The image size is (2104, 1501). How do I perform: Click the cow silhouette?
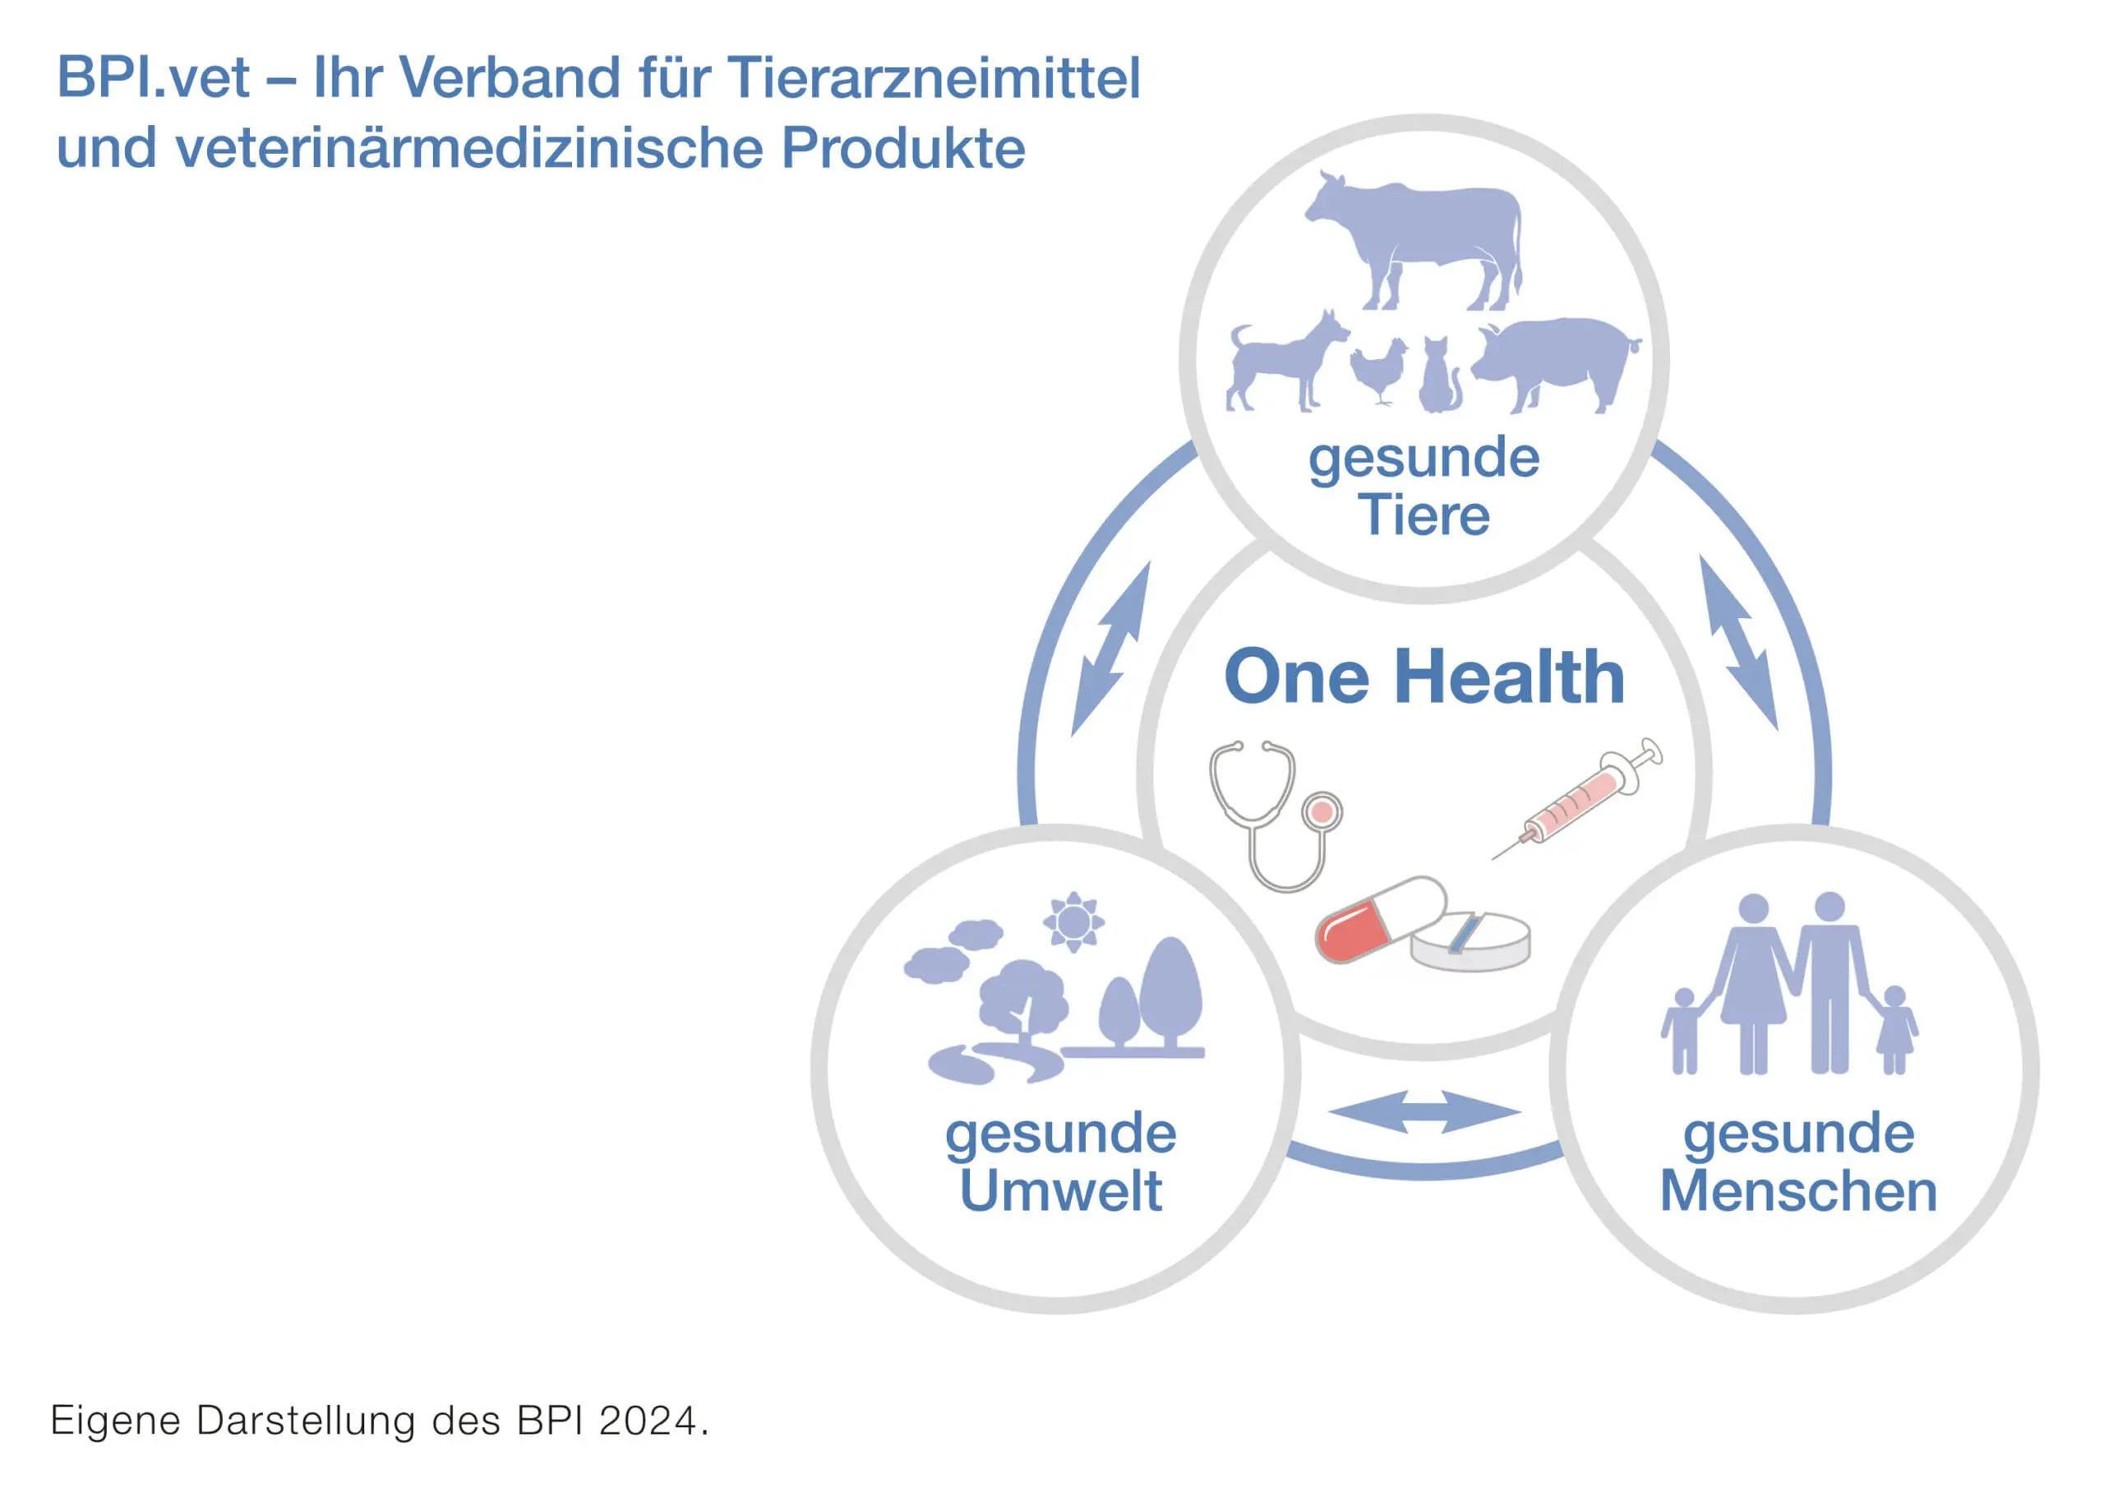[x=1419, y=236]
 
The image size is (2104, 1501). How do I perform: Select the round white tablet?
[x=1470, y=942]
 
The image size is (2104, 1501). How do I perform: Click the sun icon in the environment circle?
[x=1073, y=921]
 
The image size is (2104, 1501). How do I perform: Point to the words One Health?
[x=1424, y=677]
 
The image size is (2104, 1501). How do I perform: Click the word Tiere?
[x=1424, y=515]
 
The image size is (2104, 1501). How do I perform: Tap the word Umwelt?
[x=1061, y=1190]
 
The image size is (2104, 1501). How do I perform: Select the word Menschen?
[x=1798, y=1190]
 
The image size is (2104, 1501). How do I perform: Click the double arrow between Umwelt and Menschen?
[x=1424, y=1112]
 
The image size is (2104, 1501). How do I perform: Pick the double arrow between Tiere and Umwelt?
[x=1110, y=649]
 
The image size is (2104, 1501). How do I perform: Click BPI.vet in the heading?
[x=154, y=76]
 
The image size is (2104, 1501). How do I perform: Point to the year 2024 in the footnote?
[x=647, y=1420]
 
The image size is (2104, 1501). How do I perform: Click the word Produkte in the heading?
[x=902, y=148]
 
